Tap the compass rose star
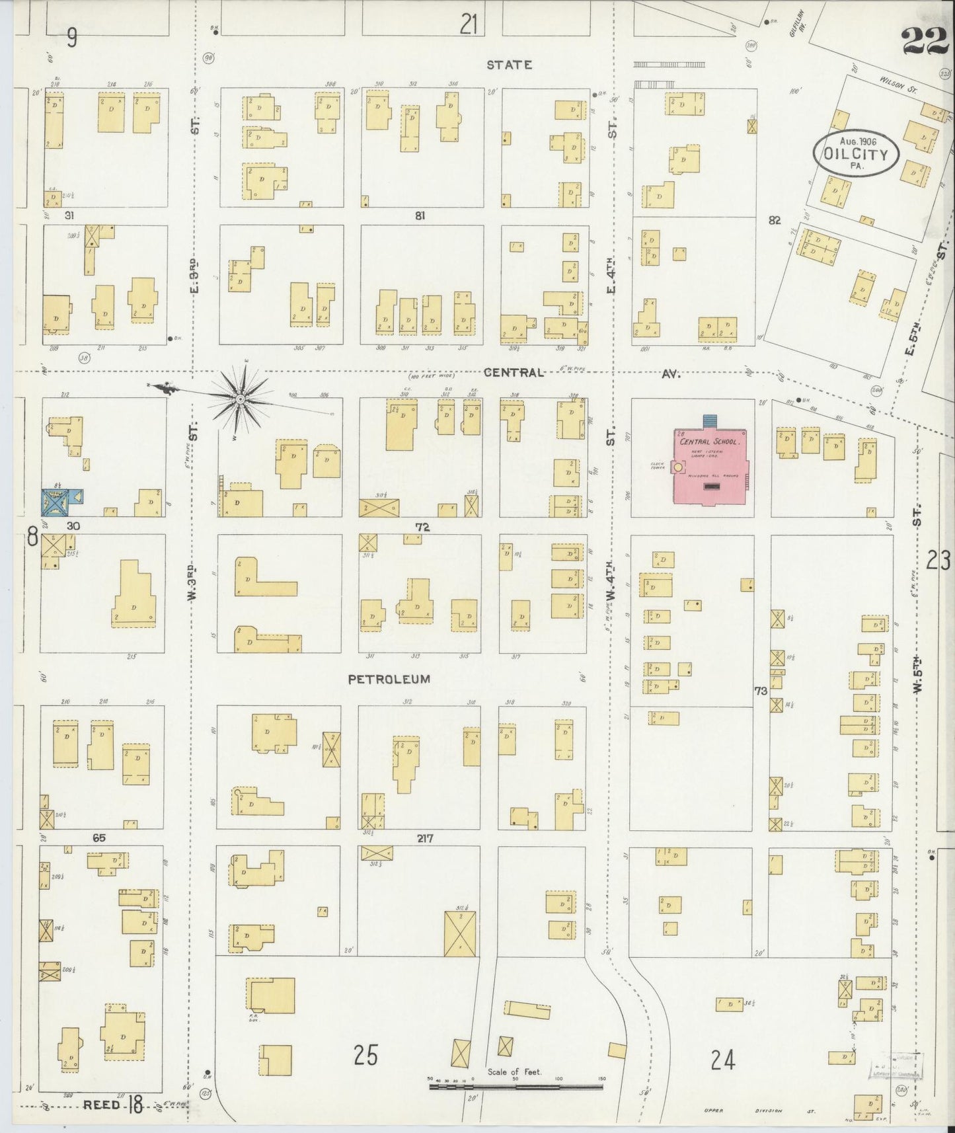241,399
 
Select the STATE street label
509,65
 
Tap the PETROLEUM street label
389,679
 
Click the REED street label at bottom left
102,1105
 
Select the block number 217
424,838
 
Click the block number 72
423,527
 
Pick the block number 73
761,690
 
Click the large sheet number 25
365,1056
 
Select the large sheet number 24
723,1060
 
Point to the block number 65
99,838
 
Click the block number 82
775,220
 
